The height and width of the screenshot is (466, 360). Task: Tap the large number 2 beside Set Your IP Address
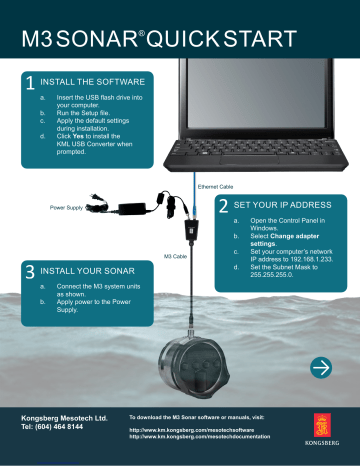(x=221, y=204)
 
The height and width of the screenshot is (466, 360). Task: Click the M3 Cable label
(x=174, y=255)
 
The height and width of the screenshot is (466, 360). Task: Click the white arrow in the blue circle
(x=322, y=369)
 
